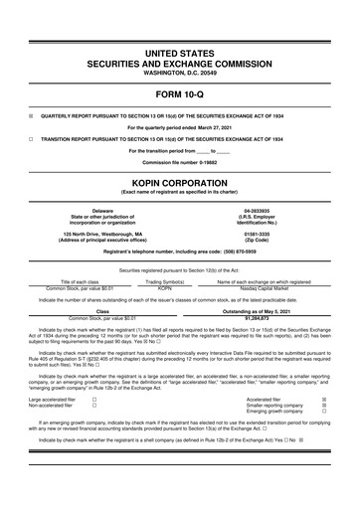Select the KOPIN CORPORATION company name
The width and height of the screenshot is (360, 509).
tap(180, 170)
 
